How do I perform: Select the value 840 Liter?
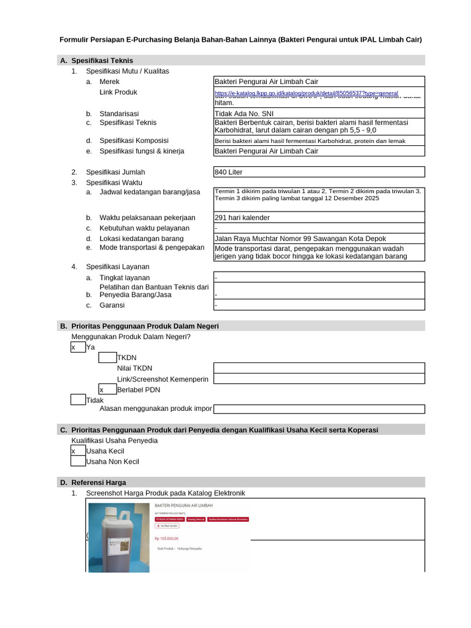[x=318, y=172]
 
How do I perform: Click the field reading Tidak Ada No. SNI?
[x=318, y=113]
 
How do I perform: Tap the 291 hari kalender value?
[x=318, y=217]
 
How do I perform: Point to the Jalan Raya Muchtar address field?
[x=318, y=239]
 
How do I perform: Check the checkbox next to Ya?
[x=78, y=347]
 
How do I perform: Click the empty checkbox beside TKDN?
[x=107, y=358]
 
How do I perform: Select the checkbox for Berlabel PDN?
[x=107, y=389]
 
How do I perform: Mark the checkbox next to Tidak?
[x=78, y=400]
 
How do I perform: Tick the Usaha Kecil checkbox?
[x=78, y=451]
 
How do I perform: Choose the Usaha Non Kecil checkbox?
[x=78, y=461]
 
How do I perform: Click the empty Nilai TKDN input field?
[x=318, y=368]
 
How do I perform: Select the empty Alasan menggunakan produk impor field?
[x=318, y=409]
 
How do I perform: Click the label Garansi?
[x=112, y=305]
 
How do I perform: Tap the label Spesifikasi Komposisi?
[x=134, y=140]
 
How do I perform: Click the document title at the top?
[x=240, y=40]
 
